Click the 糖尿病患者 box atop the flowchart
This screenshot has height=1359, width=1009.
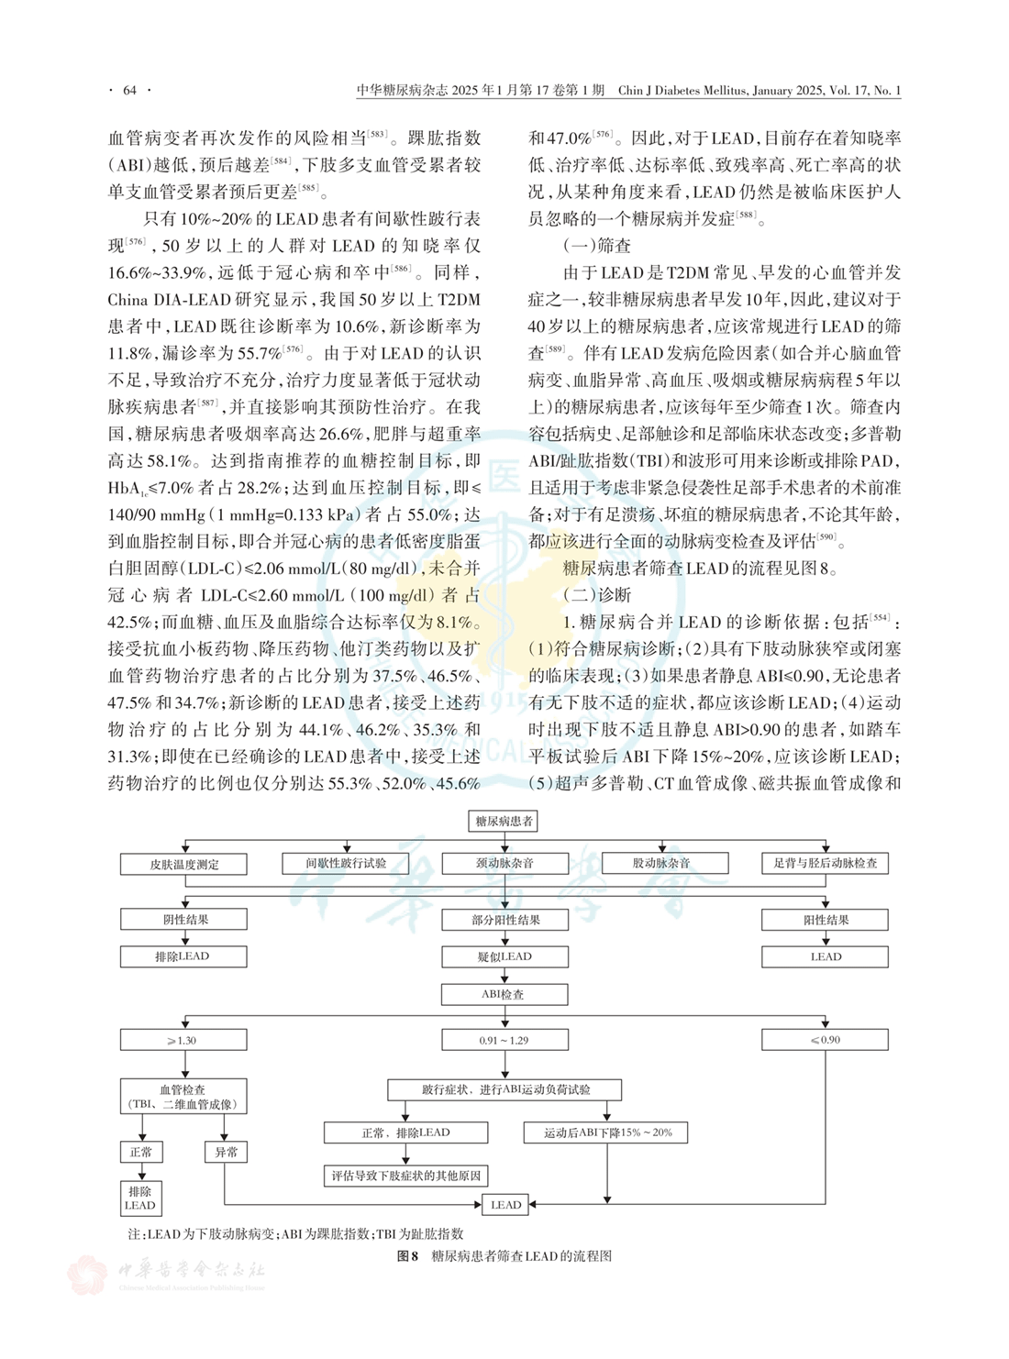(504, 821)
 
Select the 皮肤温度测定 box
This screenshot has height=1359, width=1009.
(183, 864)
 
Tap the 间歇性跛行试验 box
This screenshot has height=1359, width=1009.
(346, 863)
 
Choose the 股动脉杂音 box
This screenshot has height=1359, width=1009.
(665, 863)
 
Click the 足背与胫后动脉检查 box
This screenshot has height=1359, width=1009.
(825, 863)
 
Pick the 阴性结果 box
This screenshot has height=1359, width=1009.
(183, 920)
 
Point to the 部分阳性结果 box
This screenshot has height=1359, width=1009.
(504, 920)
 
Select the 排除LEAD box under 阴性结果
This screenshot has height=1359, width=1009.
(183, 956)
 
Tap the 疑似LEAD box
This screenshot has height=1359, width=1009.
(504, 956)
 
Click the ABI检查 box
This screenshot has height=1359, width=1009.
(504, 994)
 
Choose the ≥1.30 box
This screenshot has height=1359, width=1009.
(183, 1040)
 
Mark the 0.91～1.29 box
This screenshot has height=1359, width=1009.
(504, 1040)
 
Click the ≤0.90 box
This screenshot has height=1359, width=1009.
(825, 1040)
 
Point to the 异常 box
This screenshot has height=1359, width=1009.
(226, 1152)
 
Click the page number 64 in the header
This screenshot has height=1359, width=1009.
(129, 90)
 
